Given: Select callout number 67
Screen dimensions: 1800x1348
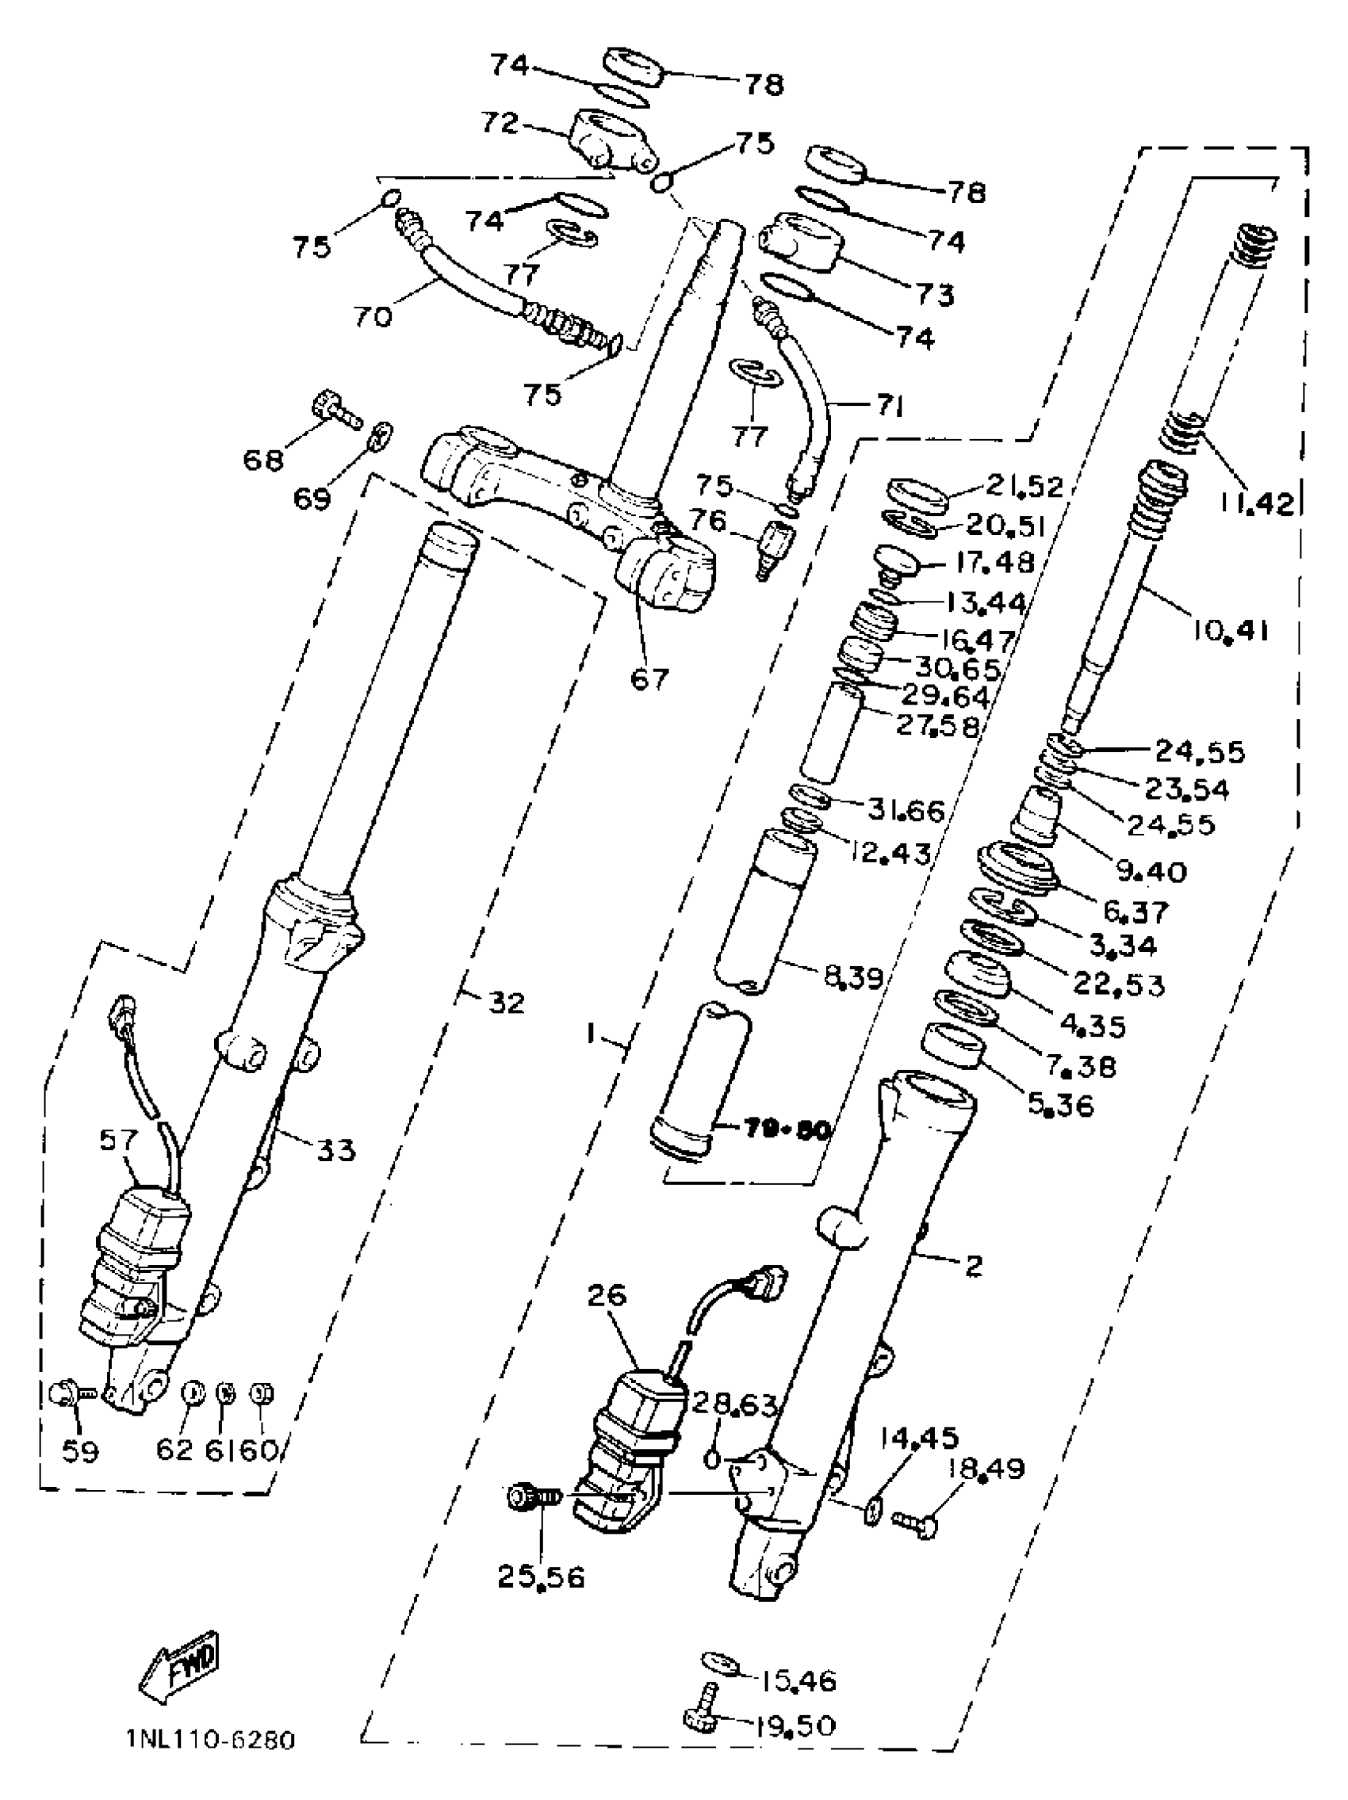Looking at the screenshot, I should (649, 677).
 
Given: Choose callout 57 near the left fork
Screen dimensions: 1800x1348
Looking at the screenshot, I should (119, 1140).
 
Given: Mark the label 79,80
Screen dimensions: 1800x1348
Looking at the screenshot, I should (772, 1130).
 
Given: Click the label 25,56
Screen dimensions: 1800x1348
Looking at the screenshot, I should (542, 1578).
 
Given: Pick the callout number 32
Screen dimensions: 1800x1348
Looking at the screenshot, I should (506, 1003).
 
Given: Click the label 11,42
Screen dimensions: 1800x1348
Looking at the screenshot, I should (1256, 504).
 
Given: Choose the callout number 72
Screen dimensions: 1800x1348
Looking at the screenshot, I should (499, 123).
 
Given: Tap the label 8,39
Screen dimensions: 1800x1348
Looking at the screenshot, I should (853, 977).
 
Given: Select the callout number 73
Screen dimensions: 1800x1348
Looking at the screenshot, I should (935, 294).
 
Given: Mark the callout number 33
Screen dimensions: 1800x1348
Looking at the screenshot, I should (335, 1150).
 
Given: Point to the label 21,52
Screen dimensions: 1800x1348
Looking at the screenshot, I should (1024, 486).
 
